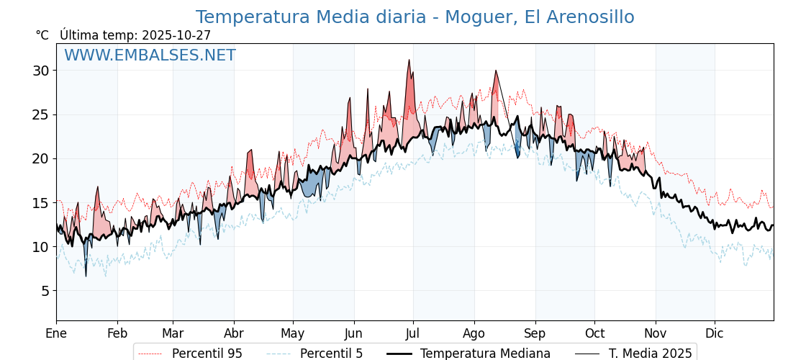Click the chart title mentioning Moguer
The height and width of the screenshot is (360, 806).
pos(415,17)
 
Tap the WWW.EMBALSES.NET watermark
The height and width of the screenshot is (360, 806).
pos(150,55)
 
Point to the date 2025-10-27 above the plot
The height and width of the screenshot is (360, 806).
pos(176,35)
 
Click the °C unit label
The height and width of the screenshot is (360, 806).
pos(42,35)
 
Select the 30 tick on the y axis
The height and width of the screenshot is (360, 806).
pos(40,71)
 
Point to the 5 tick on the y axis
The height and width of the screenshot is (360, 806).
pos(45,291)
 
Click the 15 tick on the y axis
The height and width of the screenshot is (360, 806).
pos(40,203)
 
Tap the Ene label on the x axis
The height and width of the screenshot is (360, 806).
pos(56,333)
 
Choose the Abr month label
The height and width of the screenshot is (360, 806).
pos(234,333)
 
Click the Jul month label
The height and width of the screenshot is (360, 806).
pos(413,333)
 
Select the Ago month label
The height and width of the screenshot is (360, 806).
pos(474,333)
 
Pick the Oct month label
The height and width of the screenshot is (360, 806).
pos(594,333)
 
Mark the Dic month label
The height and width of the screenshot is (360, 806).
pos(715,333)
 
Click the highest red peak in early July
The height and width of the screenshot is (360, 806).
pos(409,60)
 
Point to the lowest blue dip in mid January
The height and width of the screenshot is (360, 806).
pos(86,275)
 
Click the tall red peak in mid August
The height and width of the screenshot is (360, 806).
pos(496,71)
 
